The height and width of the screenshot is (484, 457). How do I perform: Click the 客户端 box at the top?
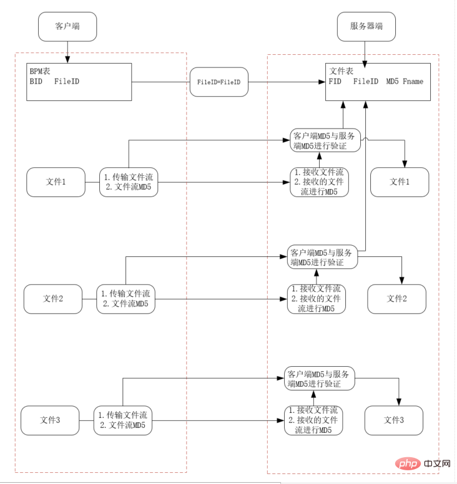(x=67, y=27)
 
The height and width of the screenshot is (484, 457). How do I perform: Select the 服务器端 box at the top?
(x=366, y=27)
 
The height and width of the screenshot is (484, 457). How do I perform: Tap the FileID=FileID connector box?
(x=219, y=82)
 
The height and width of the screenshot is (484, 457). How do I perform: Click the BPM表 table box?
(x=79, y=82)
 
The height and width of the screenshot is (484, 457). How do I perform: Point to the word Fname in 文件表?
(x=413, y=82)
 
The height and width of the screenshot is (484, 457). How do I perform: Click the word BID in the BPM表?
(x=36, y=82)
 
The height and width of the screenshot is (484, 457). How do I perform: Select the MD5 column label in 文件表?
(x=392, y=82)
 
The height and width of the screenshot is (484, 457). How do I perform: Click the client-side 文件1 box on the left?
(x=56, y=182)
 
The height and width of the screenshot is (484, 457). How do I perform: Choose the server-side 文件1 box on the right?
(x=400, y=182)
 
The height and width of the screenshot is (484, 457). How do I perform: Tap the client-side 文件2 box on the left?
(x=53, y=299)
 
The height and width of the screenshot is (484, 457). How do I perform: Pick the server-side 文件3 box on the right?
(x=394, y=420)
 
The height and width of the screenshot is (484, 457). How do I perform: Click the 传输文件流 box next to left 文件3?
(x=122, y=420)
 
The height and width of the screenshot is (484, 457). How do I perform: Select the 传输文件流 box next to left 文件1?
(x=129, y=182)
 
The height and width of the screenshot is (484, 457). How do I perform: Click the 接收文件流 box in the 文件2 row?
(x=317, y=299)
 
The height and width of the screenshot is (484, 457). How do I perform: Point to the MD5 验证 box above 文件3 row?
(x=320, y=379)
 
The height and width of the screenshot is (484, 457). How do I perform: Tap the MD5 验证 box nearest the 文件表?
(x=325, y=140)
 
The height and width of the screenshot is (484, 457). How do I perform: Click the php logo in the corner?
(x=408, y=463)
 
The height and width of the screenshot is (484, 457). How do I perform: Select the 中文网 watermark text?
(x=437, y=463)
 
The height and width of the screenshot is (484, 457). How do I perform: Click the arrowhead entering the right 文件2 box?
(x=401, y=281)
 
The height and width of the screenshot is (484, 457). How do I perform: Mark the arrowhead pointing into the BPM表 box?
(x=67, y=59)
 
